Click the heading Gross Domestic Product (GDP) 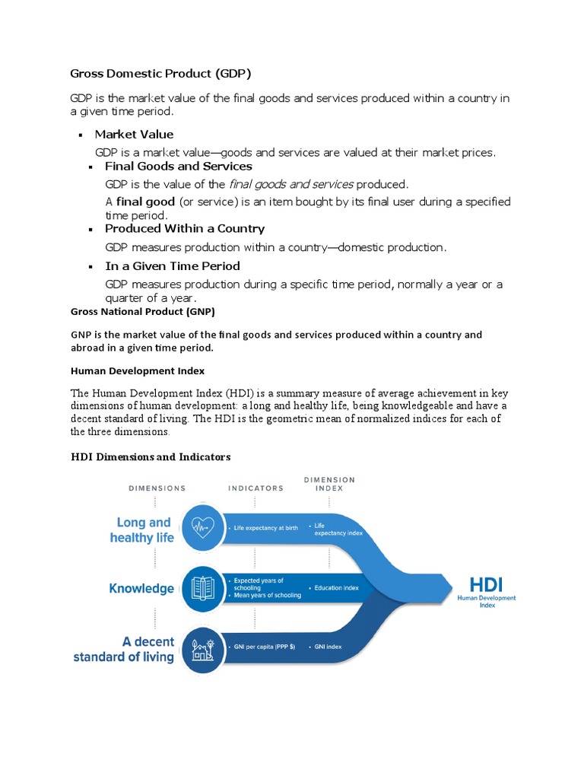160,74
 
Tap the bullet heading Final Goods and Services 178,166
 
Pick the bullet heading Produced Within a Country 184,228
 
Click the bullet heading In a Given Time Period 172,265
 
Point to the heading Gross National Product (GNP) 143,311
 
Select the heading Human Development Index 138,370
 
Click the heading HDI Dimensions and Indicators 151,456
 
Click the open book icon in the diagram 202,587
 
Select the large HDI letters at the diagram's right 486,584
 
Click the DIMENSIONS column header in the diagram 157,488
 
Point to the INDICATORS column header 255,488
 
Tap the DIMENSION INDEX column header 328,484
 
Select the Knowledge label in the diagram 141,588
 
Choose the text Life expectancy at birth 265,528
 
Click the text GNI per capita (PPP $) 264,647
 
